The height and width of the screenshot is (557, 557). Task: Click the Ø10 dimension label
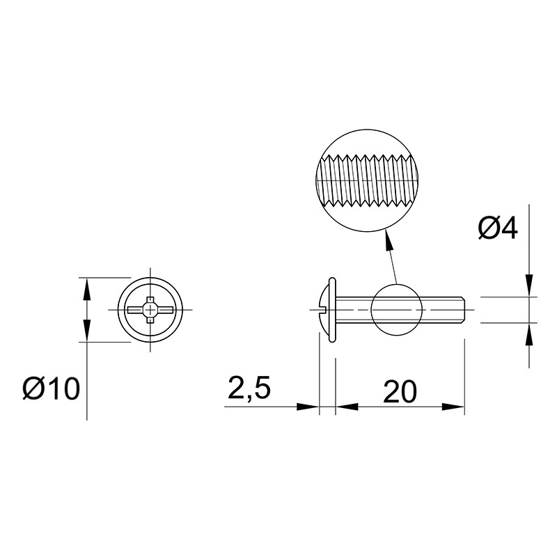point(51,389)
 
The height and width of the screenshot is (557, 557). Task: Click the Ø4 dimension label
point(498,228)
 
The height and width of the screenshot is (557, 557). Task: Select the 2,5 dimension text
point(249,388)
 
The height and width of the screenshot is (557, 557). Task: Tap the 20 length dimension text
point(400,391)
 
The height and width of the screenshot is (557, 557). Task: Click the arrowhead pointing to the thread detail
point(389,241)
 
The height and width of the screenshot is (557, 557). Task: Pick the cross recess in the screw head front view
point(150,310)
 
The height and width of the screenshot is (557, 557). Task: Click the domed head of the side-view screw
point(324,310)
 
